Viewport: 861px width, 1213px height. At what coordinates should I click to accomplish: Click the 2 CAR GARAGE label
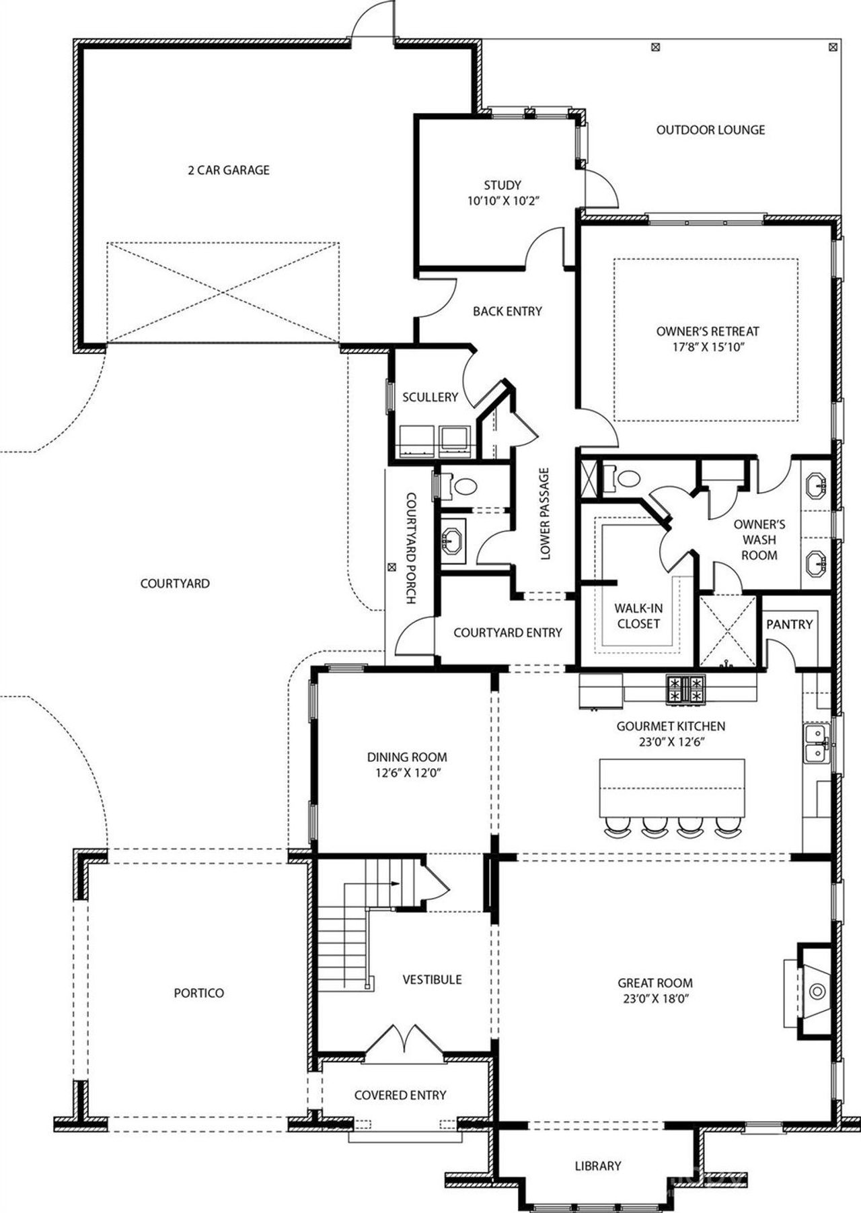coord(228,170)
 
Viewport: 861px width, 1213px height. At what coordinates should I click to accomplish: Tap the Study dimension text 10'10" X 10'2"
coord(502,201)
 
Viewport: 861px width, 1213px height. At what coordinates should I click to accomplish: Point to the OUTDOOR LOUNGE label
coord(710,130)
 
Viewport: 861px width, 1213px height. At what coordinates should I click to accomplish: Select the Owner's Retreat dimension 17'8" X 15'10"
coord(707,347)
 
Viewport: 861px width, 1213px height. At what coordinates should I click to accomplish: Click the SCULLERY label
coord(430,397)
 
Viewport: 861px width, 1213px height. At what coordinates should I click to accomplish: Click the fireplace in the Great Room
coord(816,990)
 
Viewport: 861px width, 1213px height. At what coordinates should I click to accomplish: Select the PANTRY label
coord(789,624)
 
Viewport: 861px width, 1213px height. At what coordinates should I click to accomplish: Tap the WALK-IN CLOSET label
coord(638,616)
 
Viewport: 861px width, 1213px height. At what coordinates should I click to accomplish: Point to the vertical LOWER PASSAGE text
coord(545,514)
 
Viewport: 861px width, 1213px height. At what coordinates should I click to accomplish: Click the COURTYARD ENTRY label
coord(507,632)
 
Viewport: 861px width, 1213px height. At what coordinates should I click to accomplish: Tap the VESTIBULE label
coord(432,979)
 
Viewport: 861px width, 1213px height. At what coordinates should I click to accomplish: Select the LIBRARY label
coord(597,1165)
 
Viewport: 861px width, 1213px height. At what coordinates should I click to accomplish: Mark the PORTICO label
coord(198,993)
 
